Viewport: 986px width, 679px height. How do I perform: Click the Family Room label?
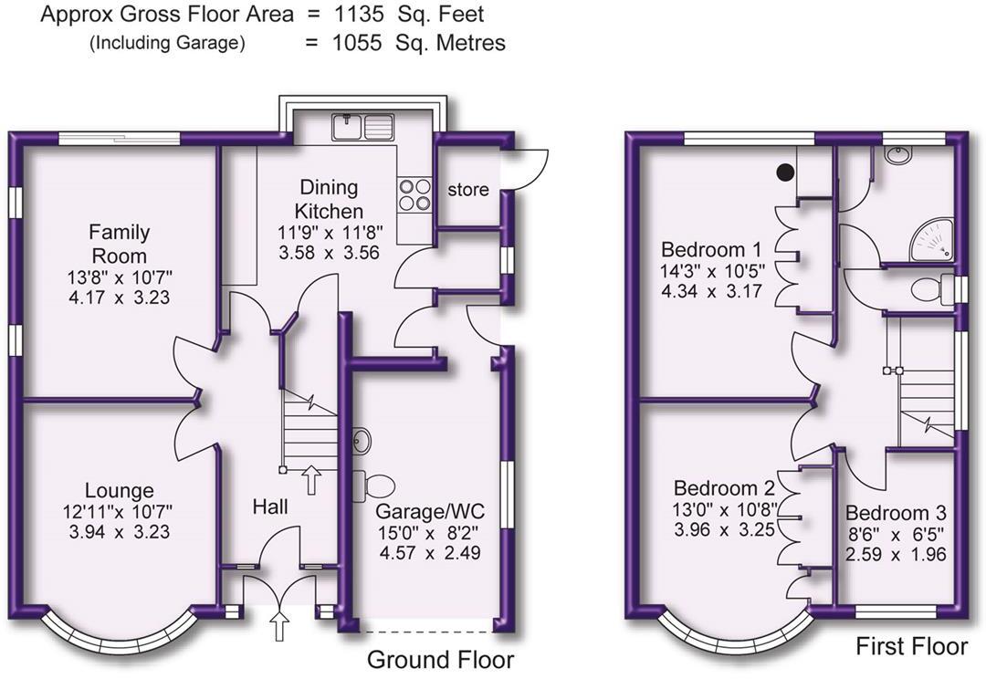(x=120, y=244)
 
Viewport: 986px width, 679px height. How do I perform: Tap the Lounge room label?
(x=120, y=491)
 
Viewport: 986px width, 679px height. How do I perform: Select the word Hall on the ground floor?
(x=270, y=506)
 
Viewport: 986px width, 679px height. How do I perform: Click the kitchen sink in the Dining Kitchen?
(x=363, y=126)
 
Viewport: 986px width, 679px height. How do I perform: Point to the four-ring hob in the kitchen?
(x=414, y=194)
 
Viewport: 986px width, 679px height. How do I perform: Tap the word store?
(x=467, y=190)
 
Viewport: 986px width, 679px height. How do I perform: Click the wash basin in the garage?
(x=360, y=441)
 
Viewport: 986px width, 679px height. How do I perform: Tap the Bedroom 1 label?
(x=711, y=249)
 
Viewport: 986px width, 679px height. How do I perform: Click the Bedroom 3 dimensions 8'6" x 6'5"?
(x=895, y=534)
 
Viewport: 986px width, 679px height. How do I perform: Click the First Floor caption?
(x=911, y=647)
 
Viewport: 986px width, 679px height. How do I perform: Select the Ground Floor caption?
(x=440, y=660)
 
